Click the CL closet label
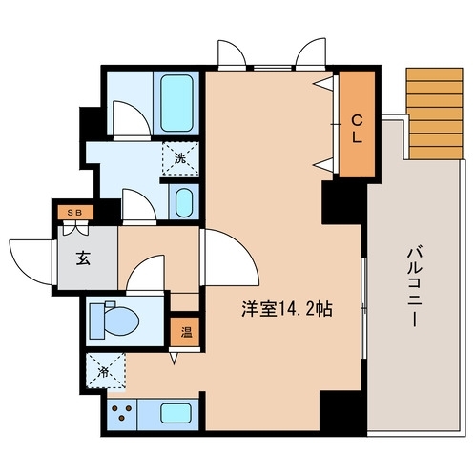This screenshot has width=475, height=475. coord(357,129)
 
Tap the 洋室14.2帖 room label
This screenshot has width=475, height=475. coord(287,309)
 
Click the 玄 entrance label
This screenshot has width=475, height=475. coord(83,258)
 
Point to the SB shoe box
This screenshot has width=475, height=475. coord(75,213)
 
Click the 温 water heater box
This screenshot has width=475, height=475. coord(185,332)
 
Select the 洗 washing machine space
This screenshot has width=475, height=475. coord(180,158)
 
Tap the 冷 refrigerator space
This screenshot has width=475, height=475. coord(107,370)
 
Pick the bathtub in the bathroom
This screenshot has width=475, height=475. coord(176,103)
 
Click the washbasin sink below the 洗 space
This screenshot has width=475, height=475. coord(183,202)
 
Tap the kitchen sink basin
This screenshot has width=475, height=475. coord(176,413)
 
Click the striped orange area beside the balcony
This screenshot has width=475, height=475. coord(435,114)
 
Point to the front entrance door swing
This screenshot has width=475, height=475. coord(31,261)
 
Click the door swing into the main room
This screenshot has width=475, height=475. coord(232,258)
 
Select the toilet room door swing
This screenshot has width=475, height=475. coord(146,273)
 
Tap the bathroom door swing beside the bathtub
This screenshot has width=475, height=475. coord(132,119)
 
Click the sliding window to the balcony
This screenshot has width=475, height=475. coord(364,308)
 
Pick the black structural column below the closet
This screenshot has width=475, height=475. coord(344,202)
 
